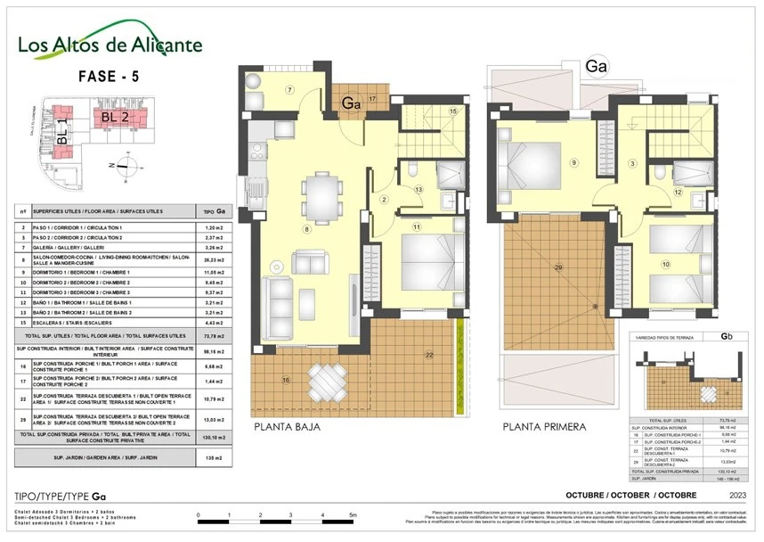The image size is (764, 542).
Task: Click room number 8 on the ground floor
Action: click(306, 229)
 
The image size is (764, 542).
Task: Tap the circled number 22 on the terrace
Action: click(429, 356)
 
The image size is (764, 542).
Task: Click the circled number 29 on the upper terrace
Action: click(558, 267)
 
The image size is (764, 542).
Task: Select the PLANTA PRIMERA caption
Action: click(544, 427)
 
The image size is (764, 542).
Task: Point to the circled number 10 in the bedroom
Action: click(664, 264)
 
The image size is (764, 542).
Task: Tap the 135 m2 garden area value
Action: click(210, 458)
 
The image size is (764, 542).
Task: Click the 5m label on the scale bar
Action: click(354, 515)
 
